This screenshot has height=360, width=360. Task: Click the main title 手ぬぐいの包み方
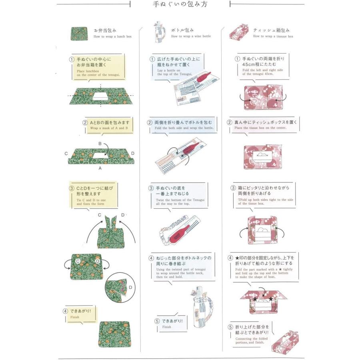coord(180,5)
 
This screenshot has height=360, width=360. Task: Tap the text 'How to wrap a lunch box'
coord(112,36)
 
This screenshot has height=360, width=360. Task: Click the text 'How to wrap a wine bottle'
coord(191,36)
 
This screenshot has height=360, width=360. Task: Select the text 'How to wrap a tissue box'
coord(273,36)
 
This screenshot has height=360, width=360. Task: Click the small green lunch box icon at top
coord(79,34)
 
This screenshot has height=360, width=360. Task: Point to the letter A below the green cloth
coord(100,168)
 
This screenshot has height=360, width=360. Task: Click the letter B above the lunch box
coord(100,143)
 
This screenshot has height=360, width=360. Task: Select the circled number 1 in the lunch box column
coord(72,59)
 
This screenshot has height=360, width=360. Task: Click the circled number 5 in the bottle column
coord(157,321)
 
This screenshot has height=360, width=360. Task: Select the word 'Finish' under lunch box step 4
coord(75,317)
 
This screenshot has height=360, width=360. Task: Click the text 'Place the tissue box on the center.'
coord(261,128)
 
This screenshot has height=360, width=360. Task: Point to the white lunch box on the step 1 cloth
coord(100,96)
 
